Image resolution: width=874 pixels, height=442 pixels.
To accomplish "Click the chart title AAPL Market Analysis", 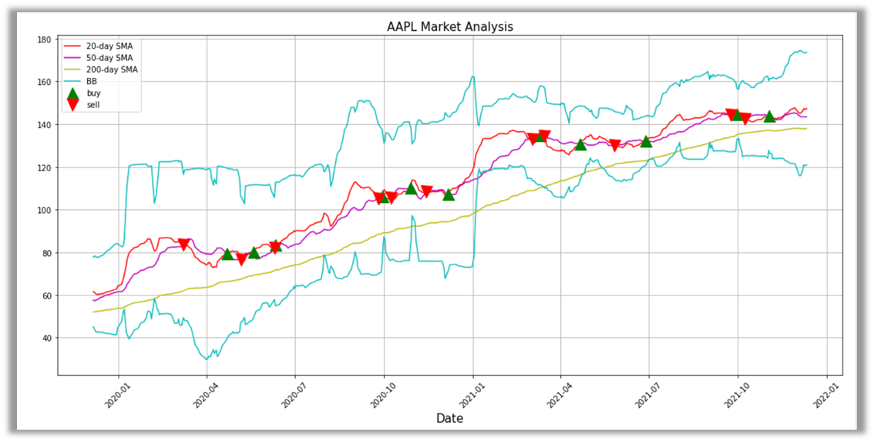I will pos(449,27).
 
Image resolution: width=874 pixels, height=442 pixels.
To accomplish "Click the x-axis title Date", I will pos(449,418).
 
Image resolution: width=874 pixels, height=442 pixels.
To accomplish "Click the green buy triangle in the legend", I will pos(73,93).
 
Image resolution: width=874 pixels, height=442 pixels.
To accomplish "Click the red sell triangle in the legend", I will pos(73,105).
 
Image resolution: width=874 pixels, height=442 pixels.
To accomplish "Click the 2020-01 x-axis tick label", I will pos(116,390).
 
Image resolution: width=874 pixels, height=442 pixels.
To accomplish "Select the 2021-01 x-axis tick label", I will pos(472,390).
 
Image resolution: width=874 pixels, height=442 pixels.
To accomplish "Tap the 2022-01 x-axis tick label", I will pos(825,390).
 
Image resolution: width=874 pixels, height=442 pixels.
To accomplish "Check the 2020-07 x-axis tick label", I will pos(294,390).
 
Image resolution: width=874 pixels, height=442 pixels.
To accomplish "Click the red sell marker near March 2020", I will pos(183,245).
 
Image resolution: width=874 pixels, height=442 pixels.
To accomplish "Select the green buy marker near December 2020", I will pos(448,194).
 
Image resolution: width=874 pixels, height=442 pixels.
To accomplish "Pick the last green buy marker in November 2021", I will pos(768,116).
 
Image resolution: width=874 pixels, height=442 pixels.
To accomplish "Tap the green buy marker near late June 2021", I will pos(646,141).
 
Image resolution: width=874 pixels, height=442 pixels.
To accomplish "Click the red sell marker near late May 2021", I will pos(614,146).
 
